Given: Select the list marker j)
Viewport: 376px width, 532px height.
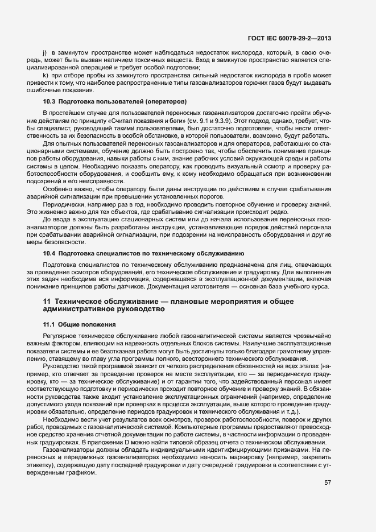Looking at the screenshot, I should point(44,52).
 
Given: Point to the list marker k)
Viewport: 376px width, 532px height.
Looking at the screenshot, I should point(44,75).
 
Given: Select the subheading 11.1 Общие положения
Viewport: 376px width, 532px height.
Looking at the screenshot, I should point(80,324).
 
